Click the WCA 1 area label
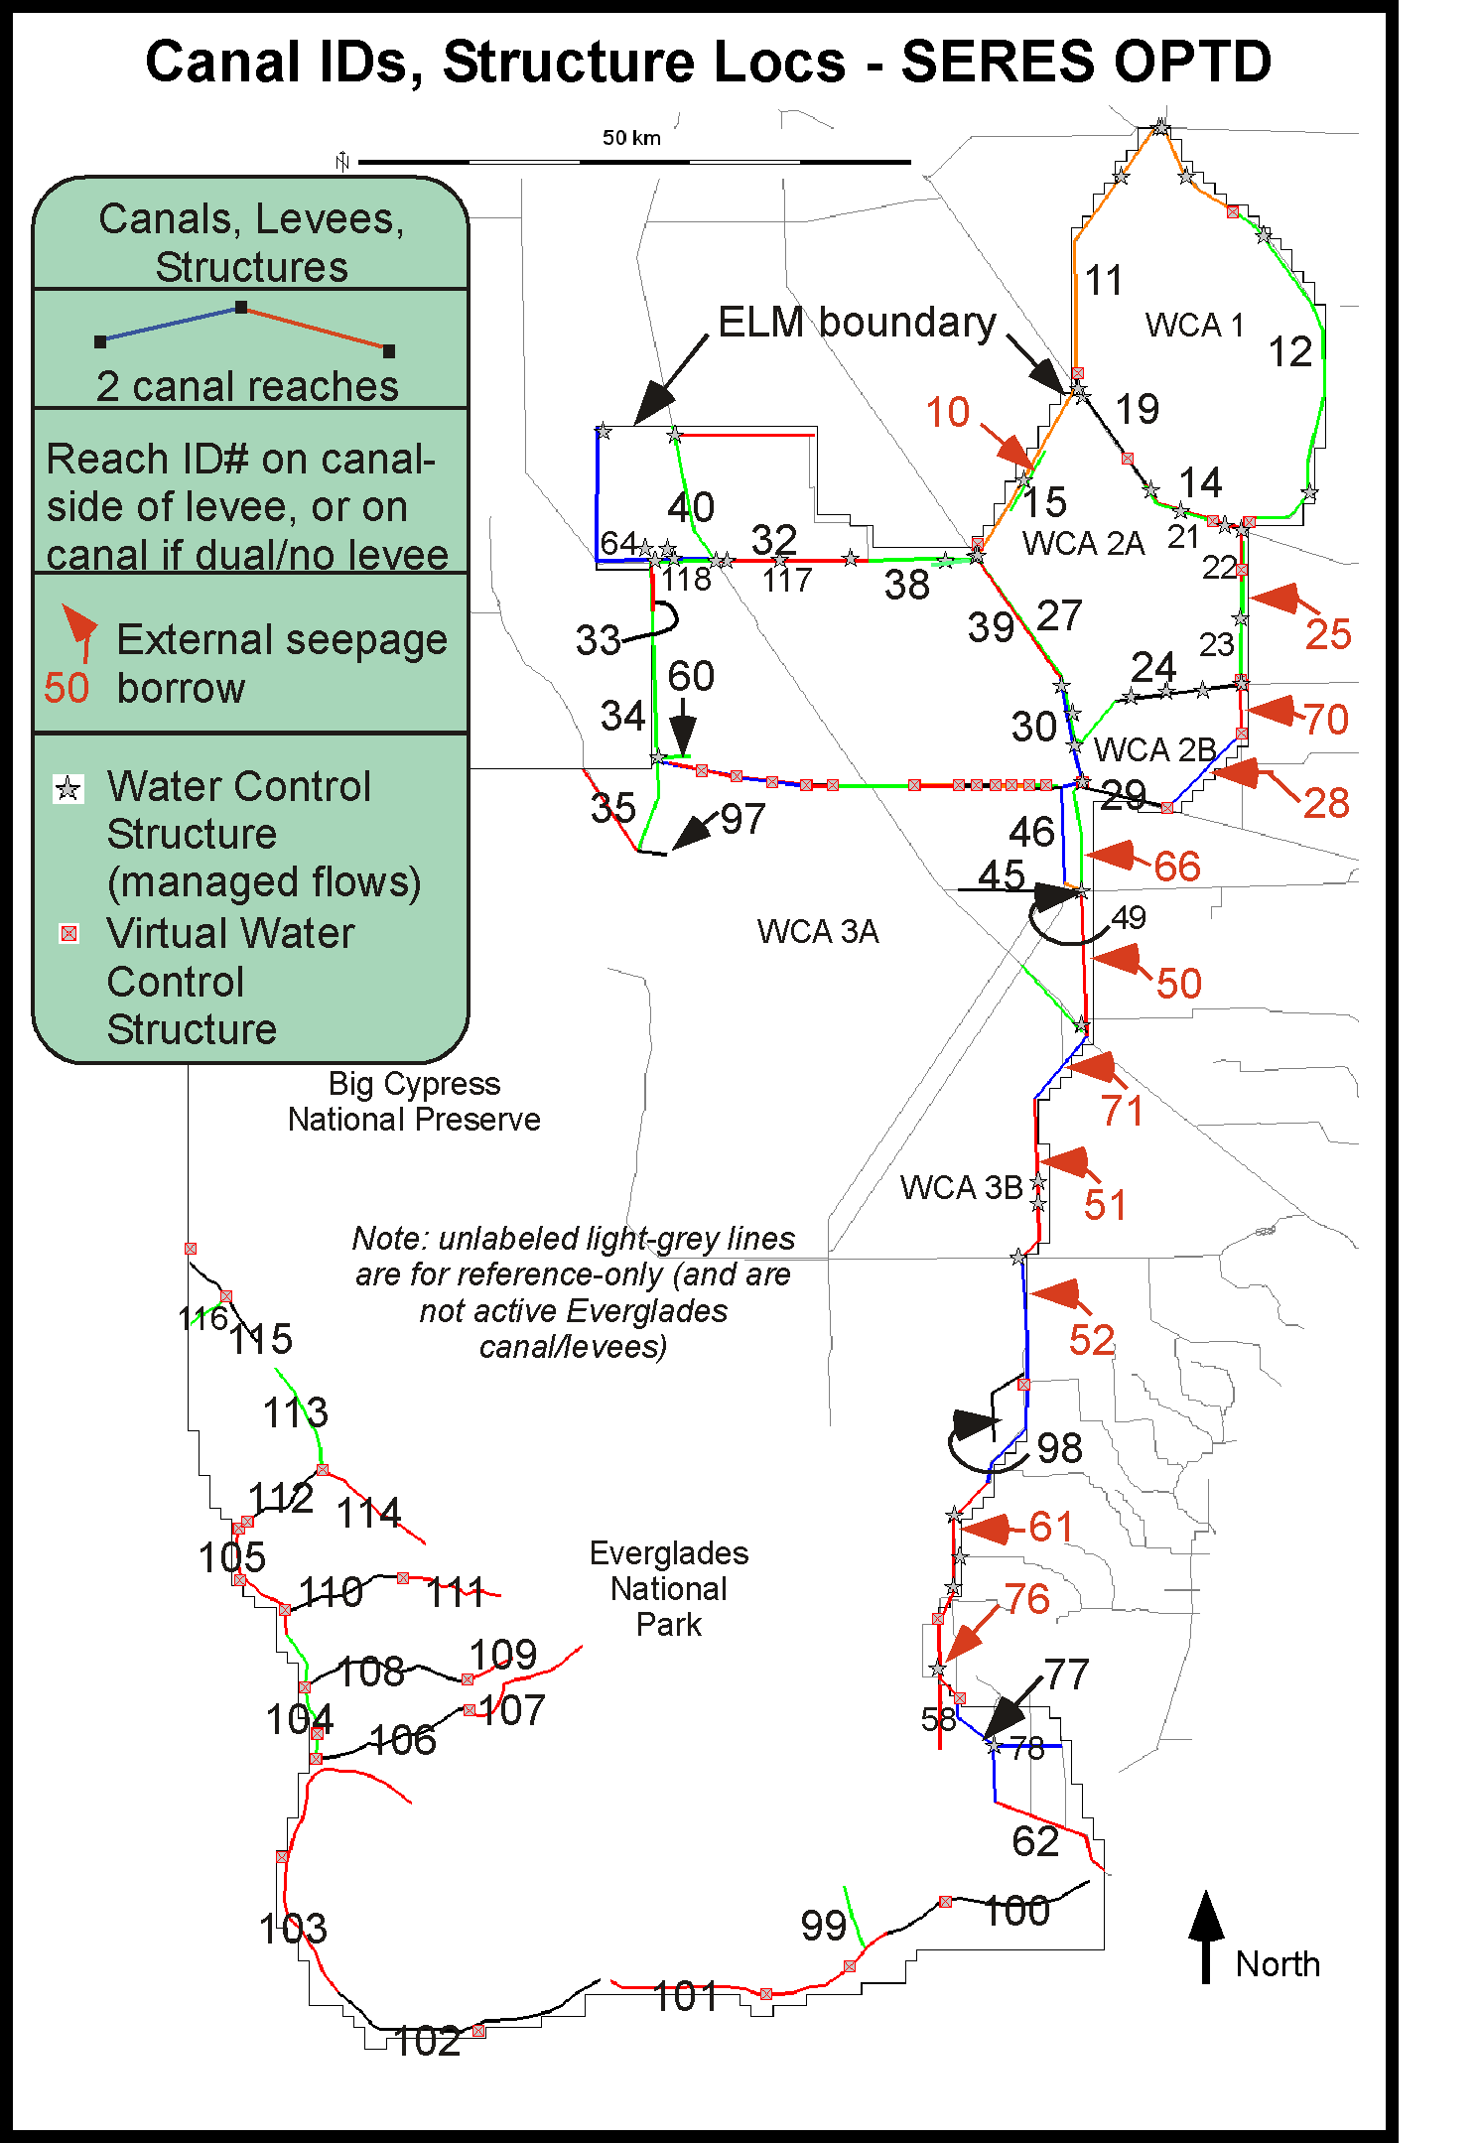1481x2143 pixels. [x=1194, y=325]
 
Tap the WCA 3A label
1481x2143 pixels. [x=817, y=931]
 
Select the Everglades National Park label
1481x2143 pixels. [x=668, y=1588]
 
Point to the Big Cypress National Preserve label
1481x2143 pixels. [x=414, y=1101]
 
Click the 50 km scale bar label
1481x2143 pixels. [x=631, y=138]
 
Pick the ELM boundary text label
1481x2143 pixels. [x=857, y=322]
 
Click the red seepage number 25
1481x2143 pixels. [x=1328, y=633]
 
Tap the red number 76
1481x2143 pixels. [x=1027, y=1599]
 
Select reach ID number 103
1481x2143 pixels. [x=292, y=1929]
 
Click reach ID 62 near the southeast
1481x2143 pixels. [x=1035, y=1841]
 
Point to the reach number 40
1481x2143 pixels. [x=691, y=507]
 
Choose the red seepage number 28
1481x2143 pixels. [x=1326, y=803]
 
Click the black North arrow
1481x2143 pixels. [x=1206, y=1937]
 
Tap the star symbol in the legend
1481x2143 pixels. [x=68, y=789]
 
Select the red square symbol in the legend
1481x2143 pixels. [x=68, y=933]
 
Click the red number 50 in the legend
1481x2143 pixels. [x=67, y=688]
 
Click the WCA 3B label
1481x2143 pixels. [x=961, y=1187]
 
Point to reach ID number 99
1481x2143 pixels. [x=824, y=1926]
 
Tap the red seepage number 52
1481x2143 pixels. [x=1092, y=1340]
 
